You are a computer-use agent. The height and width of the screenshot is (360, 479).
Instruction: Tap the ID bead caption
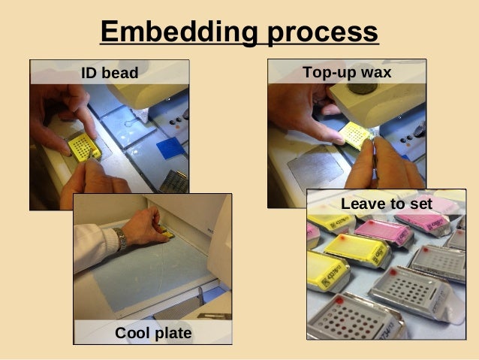[x=110, y=74]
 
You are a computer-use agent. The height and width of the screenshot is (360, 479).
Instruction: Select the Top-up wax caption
[x=347, y=73]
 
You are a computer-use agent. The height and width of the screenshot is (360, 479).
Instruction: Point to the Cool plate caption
[x=153, y=332]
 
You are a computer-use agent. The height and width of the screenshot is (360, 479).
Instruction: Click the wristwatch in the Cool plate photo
[x=121, y=240]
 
